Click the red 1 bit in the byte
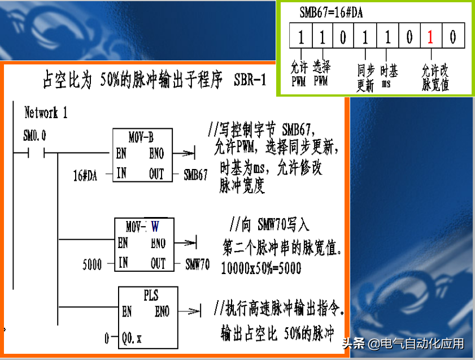tap(430, 38)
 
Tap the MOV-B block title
tap(141, 137)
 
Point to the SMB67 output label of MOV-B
tap(196, 175)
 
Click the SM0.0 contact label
tap(34, 136)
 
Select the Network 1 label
tap(46, 112)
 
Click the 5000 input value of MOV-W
tap(92, 264)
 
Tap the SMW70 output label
tap(197, 264)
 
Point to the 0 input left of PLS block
tap(107, 339)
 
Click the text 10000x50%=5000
tap(261, 268)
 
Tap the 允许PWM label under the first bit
tap(299, 75)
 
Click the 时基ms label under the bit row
tap(389, 76)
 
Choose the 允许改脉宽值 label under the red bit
tap(435, 78)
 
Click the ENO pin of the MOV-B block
tap(156, 153)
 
